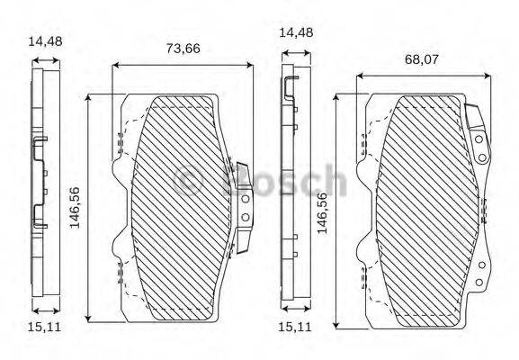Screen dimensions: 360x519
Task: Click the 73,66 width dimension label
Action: [x=183, y=49]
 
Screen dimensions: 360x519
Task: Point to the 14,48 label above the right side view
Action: [x=296, y=32]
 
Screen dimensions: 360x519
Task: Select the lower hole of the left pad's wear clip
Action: [x=245, y=217]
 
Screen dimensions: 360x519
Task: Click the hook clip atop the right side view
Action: [x=290, y=87]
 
